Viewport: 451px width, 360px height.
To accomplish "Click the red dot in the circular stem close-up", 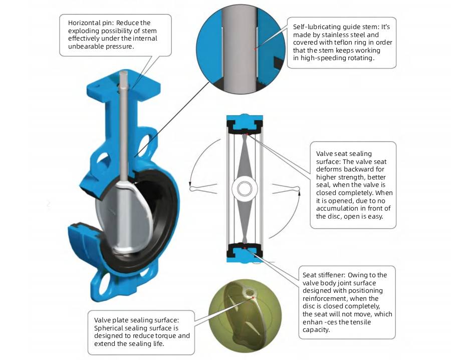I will (256, 49).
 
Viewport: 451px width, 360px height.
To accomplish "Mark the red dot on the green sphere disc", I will (255, 297).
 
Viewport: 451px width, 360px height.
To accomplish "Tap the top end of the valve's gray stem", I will (124, 75).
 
